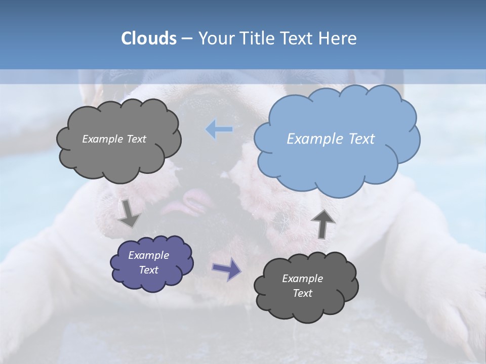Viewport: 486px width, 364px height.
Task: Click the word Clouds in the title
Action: [148, 38]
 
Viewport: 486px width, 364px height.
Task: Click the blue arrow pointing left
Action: [219, 130]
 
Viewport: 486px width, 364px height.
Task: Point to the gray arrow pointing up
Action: [322, 223]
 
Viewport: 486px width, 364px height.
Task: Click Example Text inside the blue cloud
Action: [331, 139]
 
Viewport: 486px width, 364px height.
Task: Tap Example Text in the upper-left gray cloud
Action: [114, 139]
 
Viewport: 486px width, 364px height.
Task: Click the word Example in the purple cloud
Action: [148, 255]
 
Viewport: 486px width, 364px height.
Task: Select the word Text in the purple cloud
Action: [148, 270]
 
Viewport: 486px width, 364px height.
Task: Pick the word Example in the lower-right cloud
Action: [302, 279]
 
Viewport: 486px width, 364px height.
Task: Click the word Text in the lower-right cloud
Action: [302, 293]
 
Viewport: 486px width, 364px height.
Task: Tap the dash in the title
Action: [186, 39]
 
